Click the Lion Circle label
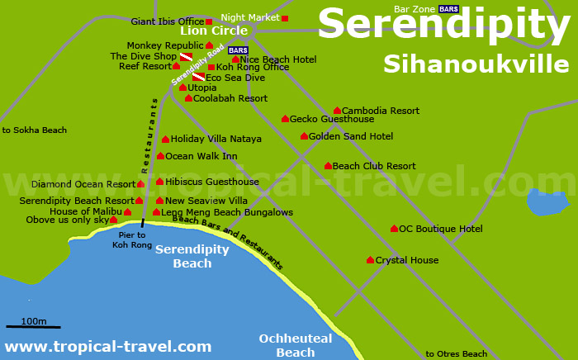214,31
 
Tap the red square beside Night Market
285,18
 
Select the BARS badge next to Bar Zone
448,9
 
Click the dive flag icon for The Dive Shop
186,57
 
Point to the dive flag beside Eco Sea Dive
198,78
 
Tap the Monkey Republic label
165,45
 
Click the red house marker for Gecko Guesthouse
285,119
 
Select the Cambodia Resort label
380,111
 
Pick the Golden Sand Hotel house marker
304,136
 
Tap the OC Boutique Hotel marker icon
394,229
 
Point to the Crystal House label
406,260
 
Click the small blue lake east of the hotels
547,201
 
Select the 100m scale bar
33,327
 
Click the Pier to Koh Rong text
131,239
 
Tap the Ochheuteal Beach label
295,345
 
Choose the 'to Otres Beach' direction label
456,354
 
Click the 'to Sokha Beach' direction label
34,130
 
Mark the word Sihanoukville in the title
476,64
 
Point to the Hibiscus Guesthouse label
211,182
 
